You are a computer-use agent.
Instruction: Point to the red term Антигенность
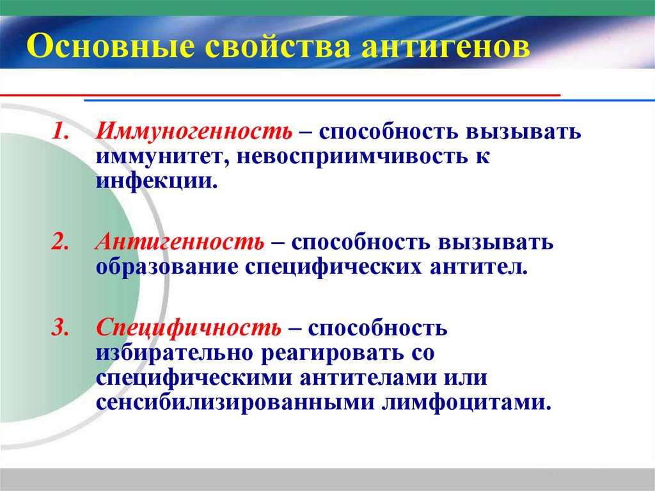[180, 244]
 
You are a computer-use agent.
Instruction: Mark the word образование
[168, 266]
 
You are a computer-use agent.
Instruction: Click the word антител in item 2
[474, 266]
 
